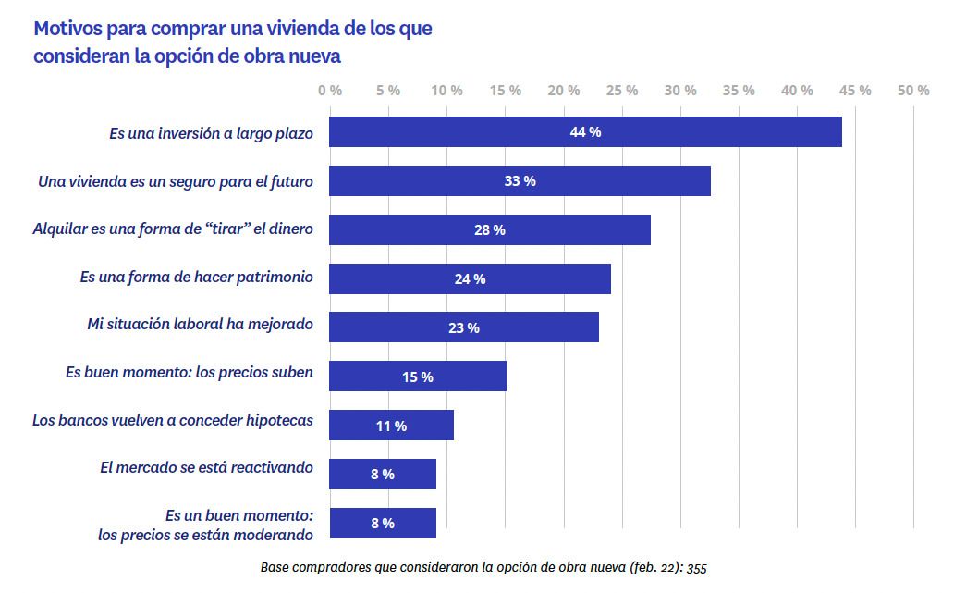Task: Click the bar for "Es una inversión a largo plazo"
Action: [x=585, y=132]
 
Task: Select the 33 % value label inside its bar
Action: [x=520, y=181]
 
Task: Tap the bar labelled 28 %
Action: [x=490, y=230]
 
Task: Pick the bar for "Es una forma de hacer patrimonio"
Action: [x=470, y=278]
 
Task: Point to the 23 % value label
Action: [x=464, y=327]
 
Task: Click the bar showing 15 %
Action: [x=418, y=377]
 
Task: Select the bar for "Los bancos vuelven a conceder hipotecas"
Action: [x=391, y=426]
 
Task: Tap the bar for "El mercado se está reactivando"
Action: [x=383, y=475]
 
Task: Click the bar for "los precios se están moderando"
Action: [x=383, y=524]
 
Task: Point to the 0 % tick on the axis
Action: [x=330, y=91]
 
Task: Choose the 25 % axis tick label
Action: [x=622, y=91]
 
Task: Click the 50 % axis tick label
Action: [x=913, y=91]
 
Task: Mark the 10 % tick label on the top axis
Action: [x=446, y=91]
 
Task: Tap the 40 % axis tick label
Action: [x=797, y=91]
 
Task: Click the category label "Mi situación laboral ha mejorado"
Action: [x=200, y=324]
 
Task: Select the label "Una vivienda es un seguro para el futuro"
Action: [x=176, y=181]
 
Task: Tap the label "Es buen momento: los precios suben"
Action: [x=190, y=372]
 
